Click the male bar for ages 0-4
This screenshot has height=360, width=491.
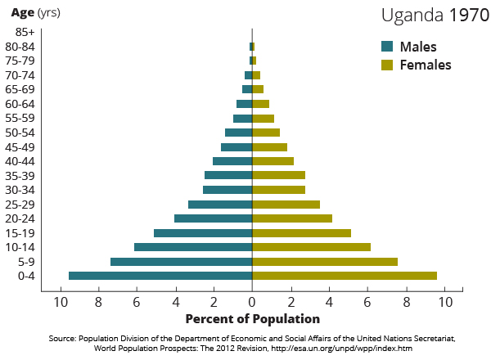click(x=160, y=276)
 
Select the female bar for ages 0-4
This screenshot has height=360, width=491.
click(x=345, y=276)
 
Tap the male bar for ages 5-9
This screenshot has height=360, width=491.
click(x=181, y=262)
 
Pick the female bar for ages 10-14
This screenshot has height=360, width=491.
click(x=311, y=247)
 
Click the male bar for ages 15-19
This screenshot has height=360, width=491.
click(x=203, y=233)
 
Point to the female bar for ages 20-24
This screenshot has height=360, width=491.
click(x=292, y=218)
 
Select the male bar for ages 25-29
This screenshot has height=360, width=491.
click(x=220, y=205)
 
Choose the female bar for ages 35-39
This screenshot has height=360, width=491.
click(x=278, y=175)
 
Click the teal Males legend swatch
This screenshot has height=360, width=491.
click(x=387, y=47)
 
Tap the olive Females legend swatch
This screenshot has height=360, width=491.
click(x=387, y=65)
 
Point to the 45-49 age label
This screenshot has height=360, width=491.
click(x=20, y=147)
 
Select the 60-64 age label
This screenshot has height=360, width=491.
click(x=20, y=104)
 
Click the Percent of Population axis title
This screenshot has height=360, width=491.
click(x=253, y=318)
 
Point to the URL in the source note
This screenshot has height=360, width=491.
click(x=341, y=348)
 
